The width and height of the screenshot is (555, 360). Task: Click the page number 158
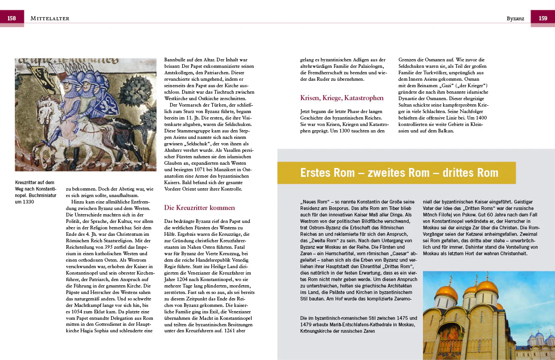12,18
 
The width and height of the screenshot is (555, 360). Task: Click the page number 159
543,18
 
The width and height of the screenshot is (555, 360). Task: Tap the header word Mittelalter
49,18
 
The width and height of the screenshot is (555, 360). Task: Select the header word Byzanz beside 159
515,18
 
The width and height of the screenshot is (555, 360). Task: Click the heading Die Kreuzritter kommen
199,208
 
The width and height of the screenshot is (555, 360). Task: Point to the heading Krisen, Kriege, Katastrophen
342,98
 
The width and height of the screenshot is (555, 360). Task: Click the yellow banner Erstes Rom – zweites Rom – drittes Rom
399,173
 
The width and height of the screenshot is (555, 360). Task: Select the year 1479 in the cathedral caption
307,324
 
